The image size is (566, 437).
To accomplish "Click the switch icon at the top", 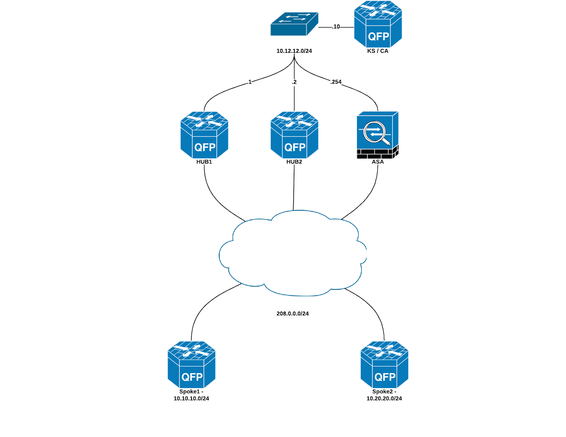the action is pos(294,24).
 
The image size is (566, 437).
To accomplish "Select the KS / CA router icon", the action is pos(378,24).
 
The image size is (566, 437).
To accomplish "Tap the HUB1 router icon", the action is pos(204,135).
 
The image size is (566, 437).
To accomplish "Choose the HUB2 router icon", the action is pos(294,135).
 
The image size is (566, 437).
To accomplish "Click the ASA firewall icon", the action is pos(377,135).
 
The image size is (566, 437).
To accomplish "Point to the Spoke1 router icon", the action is pos(191,365).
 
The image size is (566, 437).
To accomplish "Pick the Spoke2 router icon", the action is pos(384,365).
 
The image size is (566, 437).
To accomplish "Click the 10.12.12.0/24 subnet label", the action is pos(294,51).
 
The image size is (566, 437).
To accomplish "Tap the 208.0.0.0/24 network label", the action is pos(293,314).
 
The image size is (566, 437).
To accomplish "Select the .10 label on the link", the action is pos(336,27).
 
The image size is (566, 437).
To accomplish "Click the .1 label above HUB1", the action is pos(249,82).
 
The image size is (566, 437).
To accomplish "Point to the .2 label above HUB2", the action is pos(294,82).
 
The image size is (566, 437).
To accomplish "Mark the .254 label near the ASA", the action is pos(336,82).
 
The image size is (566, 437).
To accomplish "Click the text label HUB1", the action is pos(204,162).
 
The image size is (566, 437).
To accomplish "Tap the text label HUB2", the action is pos(294,162).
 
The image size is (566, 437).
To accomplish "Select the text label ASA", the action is pos(378,162).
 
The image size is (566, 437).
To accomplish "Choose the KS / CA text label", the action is pos(378,51).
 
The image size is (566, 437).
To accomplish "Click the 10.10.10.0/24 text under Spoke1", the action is pos(191,398).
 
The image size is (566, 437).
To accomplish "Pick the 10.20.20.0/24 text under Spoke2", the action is pos(384,398).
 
